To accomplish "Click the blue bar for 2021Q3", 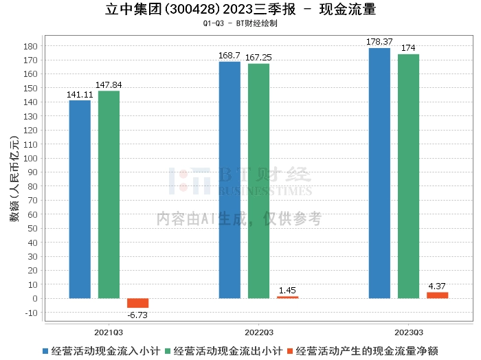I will (80, 199).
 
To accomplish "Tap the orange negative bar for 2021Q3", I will (137, 303).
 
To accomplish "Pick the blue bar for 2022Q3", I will (230, 180).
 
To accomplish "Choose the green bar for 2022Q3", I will (258, 181).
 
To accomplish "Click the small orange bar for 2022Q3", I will (287, 297).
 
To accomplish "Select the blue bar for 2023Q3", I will (379, 173).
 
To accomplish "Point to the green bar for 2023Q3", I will (408, 176).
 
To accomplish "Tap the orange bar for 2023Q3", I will (437, 295).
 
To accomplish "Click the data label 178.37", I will (379, 42).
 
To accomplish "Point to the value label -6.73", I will (137, 315).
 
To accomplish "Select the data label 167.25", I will (258, 58).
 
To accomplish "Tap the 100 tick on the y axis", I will (31, 158).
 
